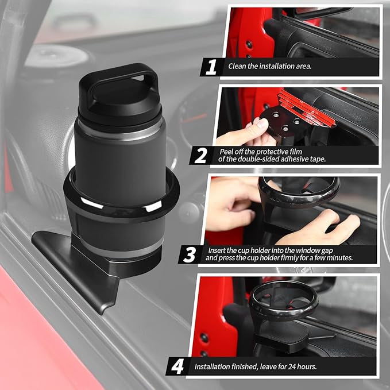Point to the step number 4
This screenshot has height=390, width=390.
point(179,365)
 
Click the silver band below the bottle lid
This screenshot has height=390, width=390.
point(121,126)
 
